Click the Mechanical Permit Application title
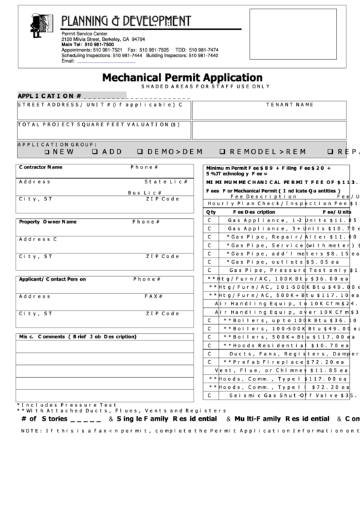click(x=182, y=77)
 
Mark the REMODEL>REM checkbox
click(x=223, y=152)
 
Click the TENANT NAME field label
click(x=289, y=105)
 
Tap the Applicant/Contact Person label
click(x=52, y=279)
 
